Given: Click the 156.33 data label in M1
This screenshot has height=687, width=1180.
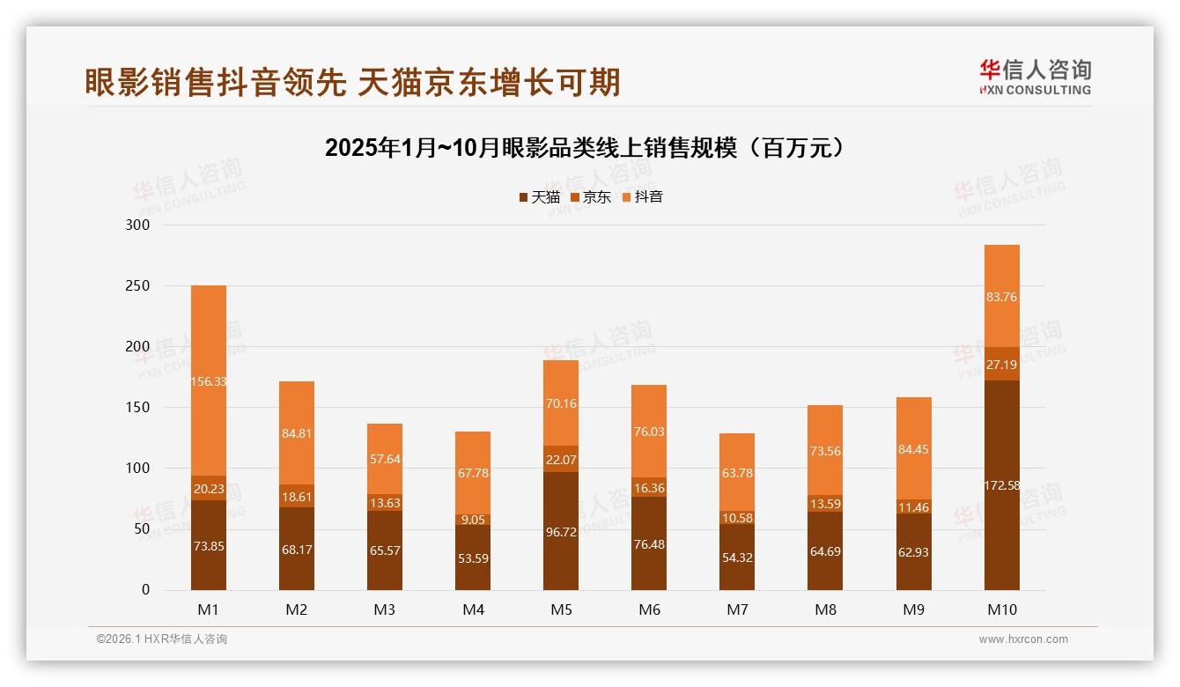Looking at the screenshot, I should coord(209,381).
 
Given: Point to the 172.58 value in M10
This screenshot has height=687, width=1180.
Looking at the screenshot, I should coord(1001,485).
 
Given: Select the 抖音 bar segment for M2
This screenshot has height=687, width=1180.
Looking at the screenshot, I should coord(297,432).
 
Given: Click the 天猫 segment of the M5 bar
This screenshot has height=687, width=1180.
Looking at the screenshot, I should coord(561,531).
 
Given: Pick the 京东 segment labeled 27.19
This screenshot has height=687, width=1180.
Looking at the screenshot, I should coord(1001,364).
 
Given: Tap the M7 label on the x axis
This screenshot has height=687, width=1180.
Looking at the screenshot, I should coord(737,609).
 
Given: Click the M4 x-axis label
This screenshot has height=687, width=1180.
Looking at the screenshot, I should coord(473,609).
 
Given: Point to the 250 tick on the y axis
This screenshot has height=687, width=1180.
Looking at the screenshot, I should coord(138,286).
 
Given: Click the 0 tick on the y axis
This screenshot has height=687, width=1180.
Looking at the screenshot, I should coord(146,590).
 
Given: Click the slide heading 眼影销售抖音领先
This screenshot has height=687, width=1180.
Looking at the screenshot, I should coord(352,82).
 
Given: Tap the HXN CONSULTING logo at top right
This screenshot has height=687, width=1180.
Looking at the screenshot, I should coord(1035,78).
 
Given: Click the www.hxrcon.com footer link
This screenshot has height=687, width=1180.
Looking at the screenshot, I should coord(1023,639).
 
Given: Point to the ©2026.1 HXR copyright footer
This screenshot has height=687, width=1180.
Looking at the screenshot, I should coord(161,639).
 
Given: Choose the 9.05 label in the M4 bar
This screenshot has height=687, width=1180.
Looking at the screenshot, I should coord(473,520).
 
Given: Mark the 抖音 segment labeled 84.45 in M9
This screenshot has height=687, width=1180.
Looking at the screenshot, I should coord(913,449).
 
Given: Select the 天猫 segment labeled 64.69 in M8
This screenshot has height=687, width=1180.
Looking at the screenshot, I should coord(825,551).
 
